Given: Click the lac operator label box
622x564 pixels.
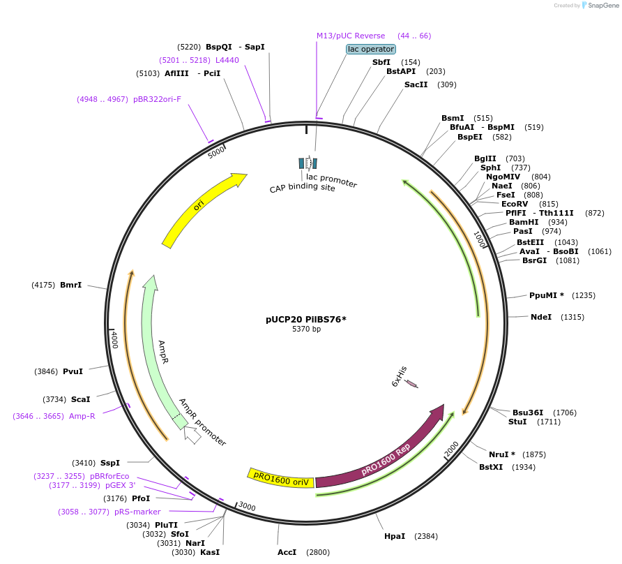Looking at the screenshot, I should (371, 49).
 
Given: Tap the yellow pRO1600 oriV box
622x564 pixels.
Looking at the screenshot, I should (280, 477).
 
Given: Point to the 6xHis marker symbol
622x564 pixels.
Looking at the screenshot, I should (411, 383).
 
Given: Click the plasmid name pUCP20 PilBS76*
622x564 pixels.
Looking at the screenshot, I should (306, 320).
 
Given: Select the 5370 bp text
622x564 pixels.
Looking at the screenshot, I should (306, 329).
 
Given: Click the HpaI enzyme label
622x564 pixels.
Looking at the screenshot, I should (395, 537).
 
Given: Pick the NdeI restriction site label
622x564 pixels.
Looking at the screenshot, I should (541, 317).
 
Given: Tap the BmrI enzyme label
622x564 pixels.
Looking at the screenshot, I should (70, 285).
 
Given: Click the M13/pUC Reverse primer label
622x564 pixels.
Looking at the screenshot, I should (350, 36).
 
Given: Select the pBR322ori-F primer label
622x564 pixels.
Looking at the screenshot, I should (157, 99).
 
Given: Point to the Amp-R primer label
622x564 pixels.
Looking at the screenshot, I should (82, 416).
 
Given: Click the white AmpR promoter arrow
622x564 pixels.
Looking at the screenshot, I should (192, 435).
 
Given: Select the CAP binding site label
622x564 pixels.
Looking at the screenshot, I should (303, 188).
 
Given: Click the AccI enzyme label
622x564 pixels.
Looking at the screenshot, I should (287, 552).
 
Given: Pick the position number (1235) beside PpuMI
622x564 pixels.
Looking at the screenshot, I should (584, 295).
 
